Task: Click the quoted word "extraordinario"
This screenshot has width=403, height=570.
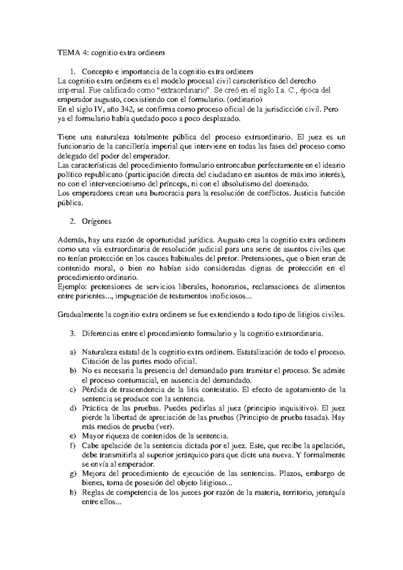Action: [x=184, y=90]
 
